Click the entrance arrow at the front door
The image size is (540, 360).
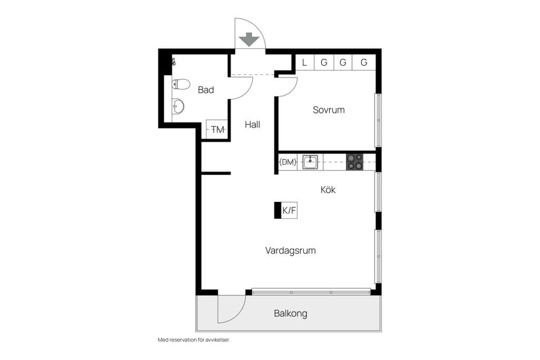[x=248, y=40]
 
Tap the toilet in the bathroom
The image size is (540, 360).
[x=181, y=84]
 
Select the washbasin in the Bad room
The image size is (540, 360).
[x=178, y=105]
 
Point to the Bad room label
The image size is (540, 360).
[x=205, y=90]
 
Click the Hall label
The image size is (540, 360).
[x=252, y=125]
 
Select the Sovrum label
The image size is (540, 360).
[x=328, y=110]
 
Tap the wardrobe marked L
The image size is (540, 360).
[x=304, y=62]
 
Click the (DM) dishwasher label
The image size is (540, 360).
[x=288, y=163]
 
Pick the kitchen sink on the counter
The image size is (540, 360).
[x=310, y=163]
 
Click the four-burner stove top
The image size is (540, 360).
[x=354, y=162]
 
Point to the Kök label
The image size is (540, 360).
[x=328, y=190]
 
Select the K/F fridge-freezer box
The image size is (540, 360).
[x=289, y=210]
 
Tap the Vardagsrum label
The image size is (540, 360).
[x=290, y=251]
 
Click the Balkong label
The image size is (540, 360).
[x=290, y=314]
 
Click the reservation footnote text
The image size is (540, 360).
[x=194, y=340]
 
